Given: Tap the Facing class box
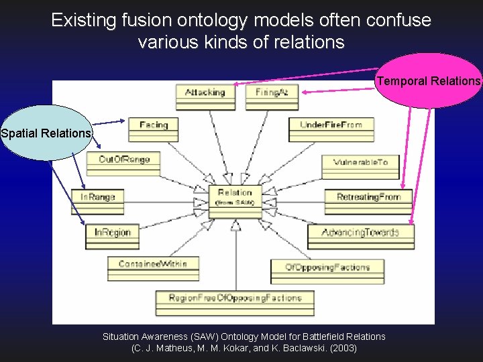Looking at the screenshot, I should (154, 129).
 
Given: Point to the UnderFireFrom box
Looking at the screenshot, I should (330, 129).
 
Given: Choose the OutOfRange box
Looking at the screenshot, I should (124, 163).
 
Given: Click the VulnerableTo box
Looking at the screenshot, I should (360, 166).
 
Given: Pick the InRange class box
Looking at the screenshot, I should (98, 200).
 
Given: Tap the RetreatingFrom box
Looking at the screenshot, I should (368, 200).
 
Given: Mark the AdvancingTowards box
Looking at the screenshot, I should (360, 236).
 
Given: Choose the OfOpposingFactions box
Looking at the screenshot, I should (327, 271).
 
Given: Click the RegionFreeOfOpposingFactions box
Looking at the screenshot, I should (235, 302).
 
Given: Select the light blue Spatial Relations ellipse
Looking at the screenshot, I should (46, 133).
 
